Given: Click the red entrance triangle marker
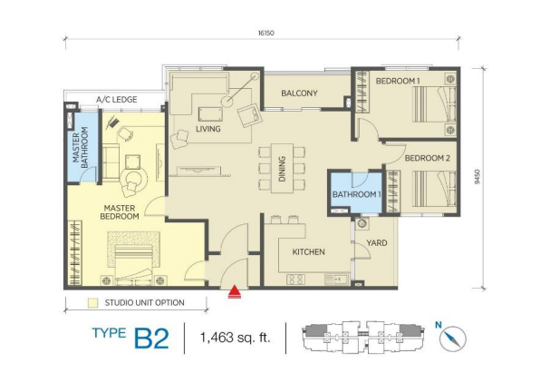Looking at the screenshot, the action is tap(235, 292).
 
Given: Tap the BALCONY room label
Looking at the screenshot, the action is tap(299, 93).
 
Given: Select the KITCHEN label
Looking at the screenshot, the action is tap(309, 251).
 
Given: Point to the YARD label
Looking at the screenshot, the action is tap(377, 242).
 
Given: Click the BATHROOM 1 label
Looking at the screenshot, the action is tap(356, 194).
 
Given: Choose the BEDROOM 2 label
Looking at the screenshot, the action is tap(428, 158).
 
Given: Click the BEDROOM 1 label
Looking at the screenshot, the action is tap(398, 81).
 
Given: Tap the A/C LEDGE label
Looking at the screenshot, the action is tap(117, 100).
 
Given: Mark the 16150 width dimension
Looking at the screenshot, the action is tap(265, 33).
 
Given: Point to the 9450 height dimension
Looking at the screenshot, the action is tap(477, 177).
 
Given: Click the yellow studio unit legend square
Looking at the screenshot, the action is tap(93, 303).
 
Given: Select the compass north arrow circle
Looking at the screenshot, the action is tap(453, 339).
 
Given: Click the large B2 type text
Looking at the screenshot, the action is tap(151, 339).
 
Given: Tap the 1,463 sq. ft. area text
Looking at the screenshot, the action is tap(235, 338).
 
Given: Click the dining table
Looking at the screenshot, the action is tap(282, 168).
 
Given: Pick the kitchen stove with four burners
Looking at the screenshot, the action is tap(295, 280).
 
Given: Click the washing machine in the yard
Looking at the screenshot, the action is tap(362, 223).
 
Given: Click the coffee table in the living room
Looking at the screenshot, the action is tap(210, 114).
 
